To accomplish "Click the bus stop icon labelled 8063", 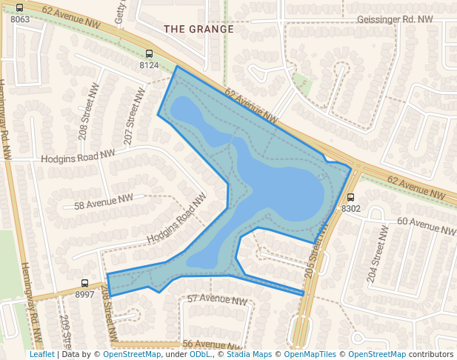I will tap(19, 9).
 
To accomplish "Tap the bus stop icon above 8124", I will tap(149, 54).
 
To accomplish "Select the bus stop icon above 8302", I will tap(350, 198).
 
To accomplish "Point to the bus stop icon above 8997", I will tap(85, 284).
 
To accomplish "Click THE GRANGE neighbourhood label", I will tap(199, 29).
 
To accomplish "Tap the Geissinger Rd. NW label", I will tap(395, 19).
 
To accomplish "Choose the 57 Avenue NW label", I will tap(216, 300).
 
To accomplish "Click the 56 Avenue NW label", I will tap(213, 344).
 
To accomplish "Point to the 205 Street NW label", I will tap(317, 251).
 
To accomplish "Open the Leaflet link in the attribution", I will tap(41, 354).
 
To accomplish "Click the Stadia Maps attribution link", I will tap(249, 354).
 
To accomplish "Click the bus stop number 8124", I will tap(149, 65).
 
